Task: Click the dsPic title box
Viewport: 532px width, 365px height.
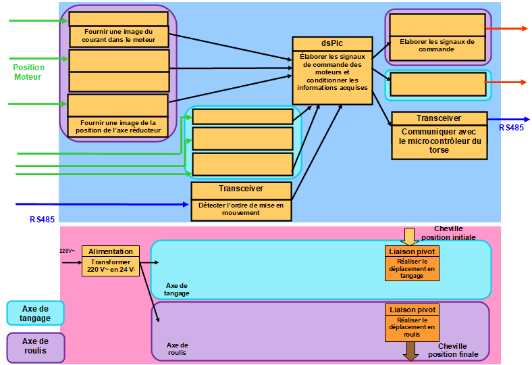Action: click(x=332, y=44)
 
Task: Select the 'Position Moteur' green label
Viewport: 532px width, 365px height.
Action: click(x=28, y=72)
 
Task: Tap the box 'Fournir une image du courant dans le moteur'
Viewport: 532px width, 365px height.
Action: click(x=119, y=36)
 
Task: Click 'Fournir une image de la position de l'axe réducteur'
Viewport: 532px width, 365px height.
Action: click(x=118, y=126)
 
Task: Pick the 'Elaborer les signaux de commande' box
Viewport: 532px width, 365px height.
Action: click(x=437, y=48)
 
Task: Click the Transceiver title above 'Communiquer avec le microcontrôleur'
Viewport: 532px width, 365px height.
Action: click(x=440, y=118)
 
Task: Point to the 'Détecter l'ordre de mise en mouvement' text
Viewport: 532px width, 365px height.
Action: click(x=241, y=209)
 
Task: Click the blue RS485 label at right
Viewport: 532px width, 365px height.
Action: click(x=511, y=128)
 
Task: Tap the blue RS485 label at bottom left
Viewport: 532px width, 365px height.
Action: click(x=42, y=220)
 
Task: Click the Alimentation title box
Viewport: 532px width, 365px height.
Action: click(x=111, y=251)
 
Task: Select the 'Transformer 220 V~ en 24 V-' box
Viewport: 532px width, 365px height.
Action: click(x=111, y=266)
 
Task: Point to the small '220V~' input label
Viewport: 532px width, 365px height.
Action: click(x=67, y=251)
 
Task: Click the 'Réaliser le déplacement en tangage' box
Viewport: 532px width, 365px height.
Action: click(x=412, y=268)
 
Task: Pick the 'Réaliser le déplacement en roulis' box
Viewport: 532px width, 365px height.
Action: click(x=412, y=327)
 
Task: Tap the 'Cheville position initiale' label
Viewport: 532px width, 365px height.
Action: click(x=448, y=233)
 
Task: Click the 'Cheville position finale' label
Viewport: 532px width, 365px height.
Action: click(x=453, y=350)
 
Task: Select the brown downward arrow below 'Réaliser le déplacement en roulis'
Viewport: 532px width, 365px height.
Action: click(x=410, y=351)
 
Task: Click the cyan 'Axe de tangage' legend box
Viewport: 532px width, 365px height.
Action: click(x=35, y=314)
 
